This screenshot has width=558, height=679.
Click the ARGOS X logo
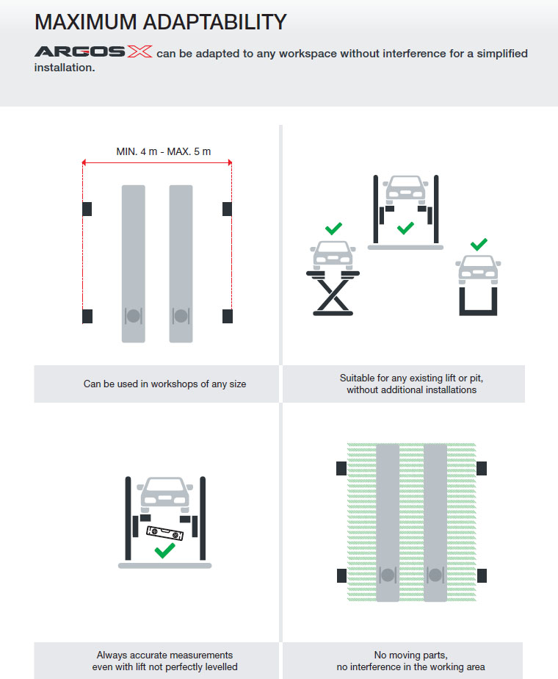coord(93,53)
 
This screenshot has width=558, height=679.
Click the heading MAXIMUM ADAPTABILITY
coord(160,22)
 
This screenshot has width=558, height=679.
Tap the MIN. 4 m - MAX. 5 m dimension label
coord(163,151)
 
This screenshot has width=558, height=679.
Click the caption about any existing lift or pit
coord(411,384)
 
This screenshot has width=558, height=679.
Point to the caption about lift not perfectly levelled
coord(164,661)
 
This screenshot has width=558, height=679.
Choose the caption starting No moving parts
coord(410,661)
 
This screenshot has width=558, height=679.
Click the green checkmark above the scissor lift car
coord(333,229)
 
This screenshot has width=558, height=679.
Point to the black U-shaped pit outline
coord(478,301)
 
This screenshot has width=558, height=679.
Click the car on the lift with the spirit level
coord(164,495)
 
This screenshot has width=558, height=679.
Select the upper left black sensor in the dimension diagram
coord(87,209)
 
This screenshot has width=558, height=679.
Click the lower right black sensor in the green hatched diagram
coord(482,575)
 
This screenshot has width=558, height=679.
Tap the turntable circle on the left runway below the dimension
coord(133,316)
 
